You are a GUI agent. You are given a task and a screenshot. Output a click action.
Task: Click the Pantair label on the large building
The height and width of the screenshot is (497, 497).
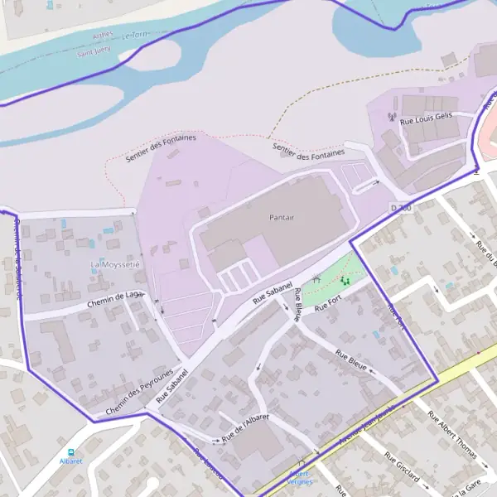tap(282, 217)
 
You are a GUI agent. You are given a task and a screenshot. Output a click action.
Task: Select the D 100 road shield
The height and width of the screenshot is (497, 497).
tap(401, 207)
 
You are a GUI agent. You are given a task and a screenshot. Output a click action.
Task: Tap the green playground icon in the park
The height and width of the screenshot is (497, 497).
tap(344, 282)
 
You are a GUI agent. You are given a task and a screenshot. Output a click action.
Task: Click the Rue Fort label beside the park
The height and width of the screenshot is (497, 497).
tap(328, 306)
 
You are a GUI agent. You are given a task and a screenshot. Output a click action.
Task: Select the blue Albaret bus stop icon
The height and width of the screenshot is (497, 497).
tap(72, 452)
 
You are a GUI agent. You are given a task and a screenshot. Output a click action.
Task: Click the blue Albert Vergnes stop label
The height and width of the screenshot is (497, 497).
tap(300, 477)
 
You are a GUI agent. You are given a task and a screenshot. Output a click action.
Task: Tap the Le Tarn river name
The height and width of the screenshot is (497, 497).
tap(133, 36)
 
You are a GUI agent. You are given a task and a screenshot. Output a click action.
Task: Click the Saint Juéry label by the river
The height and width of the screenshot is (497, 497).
tap(94, 52)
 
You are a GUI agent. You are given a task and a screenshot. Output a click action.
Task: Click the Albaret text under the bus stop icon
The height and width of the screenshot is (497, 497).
tap(71, 461)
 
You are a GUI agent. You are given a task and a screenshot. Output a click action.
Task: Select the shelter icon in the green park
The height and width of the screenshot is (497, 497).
tap(316, 280)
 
